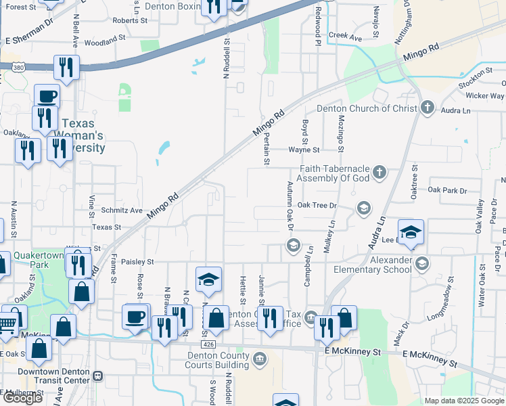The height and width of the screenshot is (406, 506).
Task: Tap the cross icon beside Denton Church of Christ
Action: tap(427, 108)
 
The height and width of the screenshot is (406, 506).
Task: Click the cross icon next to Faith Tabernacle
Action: tap(379, 172)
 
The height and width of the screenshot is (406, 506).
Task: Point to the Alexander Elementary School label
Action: tap(373, 265)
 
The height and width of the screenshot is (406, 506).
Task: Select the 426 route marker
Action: tap(210, 344)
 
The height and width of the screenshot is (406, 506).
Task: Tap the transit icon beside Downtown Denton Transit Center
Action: tap(97, 376)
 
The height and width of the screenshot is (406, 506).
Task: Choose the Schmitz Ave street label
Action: tap(122, 211)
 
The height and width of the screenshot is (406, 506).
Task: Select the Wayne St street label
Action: tap(304, 150)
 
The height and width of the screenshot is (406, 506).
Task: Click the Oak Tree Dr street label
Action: tap(317, 205)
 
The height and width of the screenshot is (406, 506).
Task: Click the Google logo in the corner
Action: tap(22, 398)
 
